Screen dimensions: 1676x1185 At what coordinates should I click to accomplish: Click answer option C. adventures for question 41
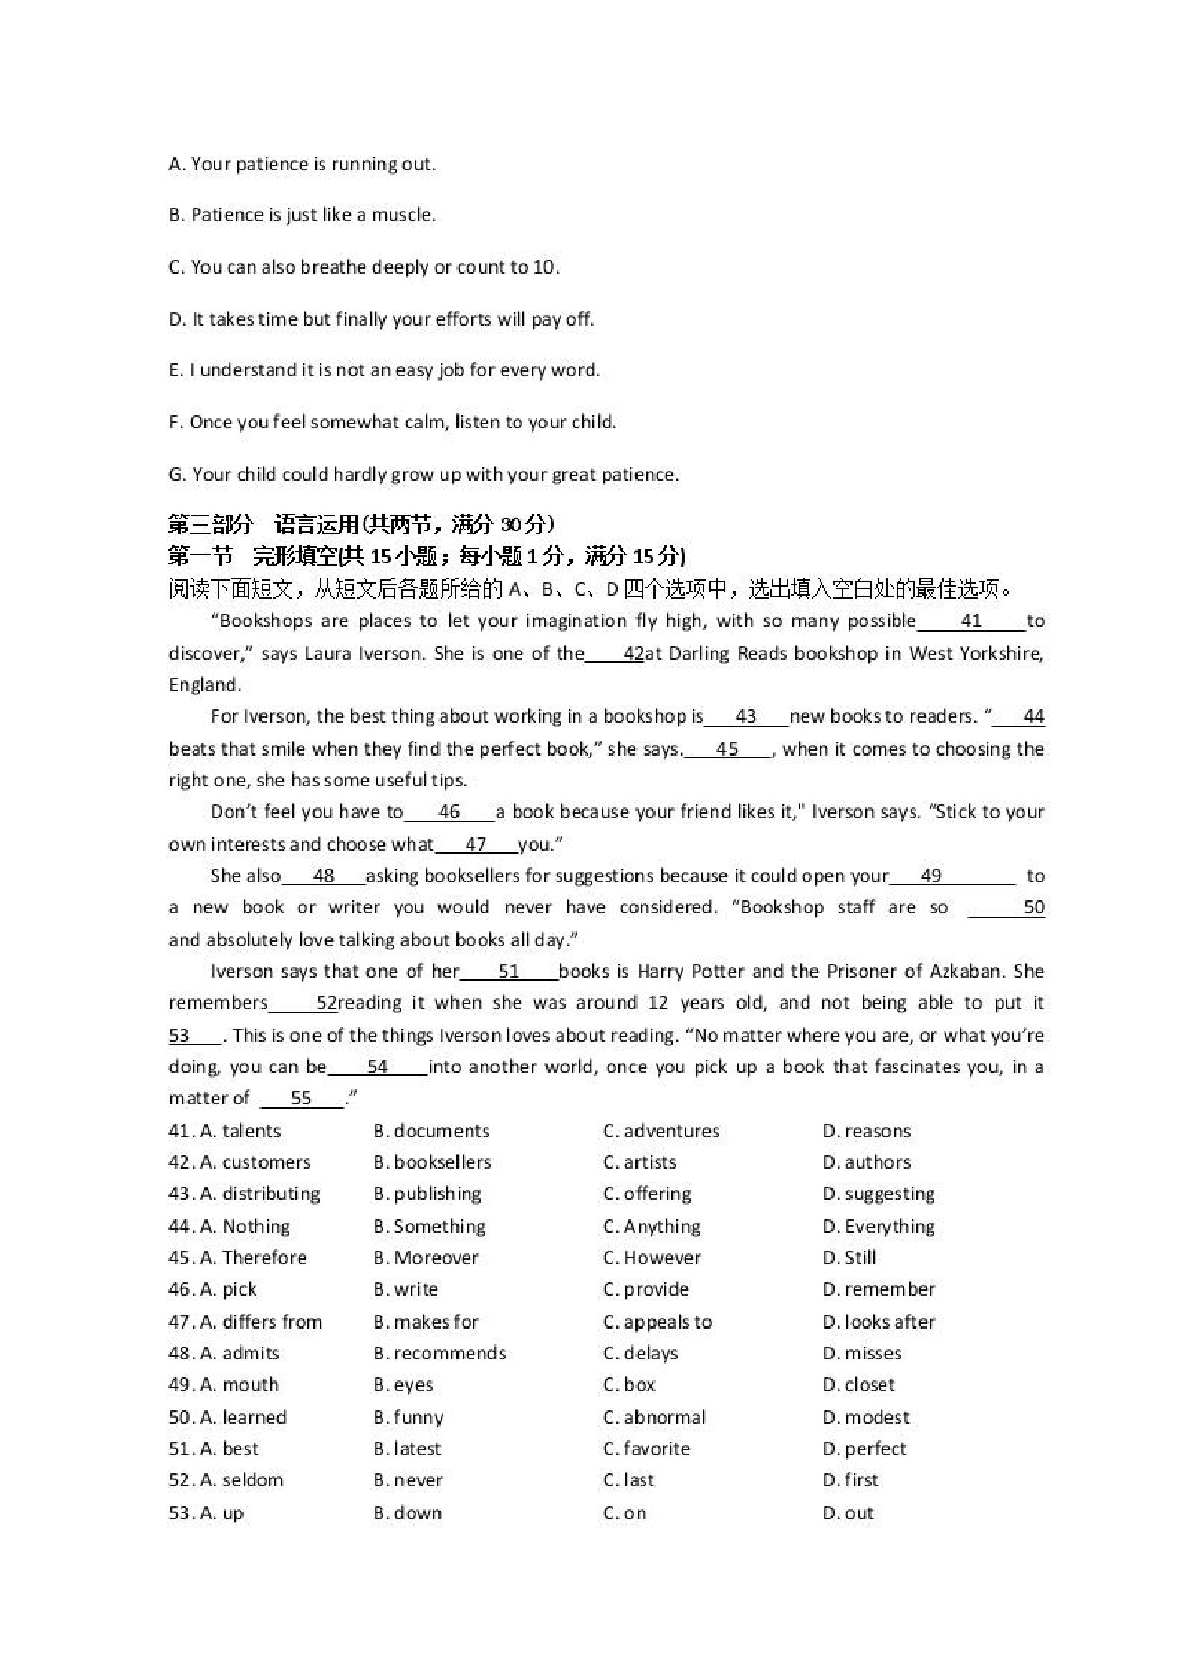(x=661, y=1131)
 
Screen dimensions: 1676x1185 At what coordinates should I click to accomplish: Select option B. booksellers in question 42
(x=432, y=1162)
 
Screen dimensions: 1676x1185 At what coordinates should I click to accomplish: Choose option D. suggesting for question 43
(x=878, y=1193)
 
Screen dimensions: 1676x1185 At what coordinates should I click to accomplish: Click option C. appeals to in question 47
(x=658, y=1321)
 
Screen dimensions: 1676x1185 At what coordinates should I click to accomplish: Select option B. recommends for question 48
(x=439, y=1353)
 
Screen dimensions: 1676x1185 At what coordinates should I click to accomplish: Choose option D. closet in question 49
(x=858, y=1384)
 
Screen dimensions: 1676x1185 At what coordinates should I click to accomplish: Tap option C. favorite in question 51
(x=647, y=1448)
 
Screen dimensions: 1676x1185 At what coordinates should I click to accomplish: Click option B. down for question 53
(x=408, y=1513)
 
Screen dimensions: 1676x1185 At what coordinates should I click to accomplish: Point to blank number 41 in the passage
(x=971, y=621)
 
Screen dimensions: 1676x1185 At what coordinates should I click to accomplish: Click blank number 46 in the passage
(x=449, y=811)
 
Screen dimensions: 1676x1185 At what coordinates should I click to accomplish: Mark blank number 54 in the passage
(x=378, y=1066)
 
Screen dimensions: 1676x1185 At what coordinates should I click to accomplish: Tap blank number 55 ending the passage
(x=301, y=1098)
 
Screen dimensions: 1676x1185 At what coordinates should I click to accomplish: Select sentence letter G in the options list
(x=176, y=474)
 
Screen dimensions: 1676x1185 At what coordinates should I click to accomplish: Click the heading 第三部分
(x=211, y=524)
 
